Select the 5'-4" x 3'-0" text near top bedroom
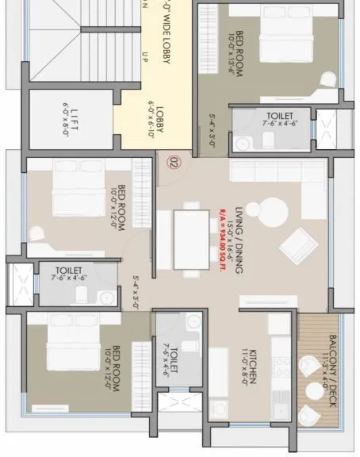coord(212,129)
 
